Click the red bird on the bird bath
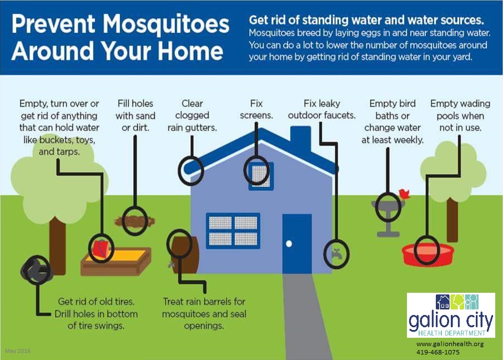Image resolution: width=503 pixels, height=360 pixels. click(404, 194)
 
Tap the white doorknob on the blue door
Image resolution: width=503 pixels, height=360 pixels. click(289, 244)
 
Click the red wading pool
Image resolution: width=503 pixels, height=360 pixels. click(428, 254)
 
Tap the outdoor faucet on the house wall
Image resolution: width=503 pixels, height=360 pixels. click(336, 254)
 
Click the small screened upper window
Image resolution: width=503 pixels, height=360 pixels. click(261, 176)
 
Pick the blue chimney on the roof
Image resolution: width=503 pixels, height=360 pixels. click(300, 139)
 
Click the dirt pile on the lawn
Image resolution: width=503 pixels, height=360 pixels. click(135, 221)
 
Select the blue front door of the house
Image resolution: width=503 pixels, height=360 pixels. click(297, 243)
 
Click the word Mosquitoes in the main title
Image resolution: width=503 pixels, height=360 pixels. click(166, 24)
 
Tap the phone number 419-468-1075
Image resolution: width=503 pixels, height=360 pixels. click(438, 352)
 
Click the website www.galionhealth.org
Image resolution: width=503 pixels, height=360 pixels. click(450, 344)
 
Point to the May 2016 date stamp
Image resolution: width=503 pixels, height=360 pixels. click(18, 351)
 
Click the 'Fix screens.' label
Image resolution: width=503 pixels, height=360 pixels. click(256, 109)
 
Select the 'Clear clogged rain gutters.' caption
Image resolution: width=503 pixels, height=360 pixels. click(192, 116)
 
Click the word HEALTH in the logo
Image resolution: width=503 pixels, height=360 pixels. click(430, 333)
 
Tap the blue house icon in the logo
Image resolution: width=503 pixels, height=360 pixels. click(443, 302)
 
